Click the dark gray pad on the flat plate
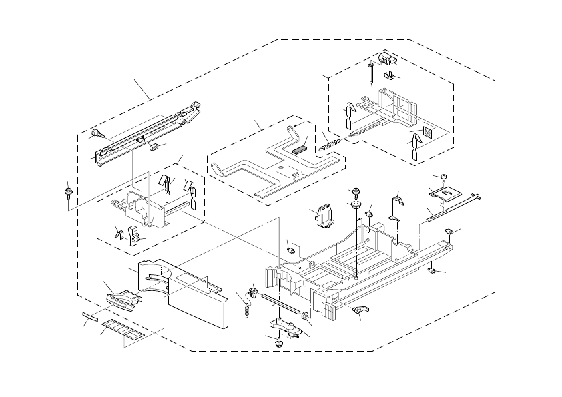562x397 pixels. tap(299, 149)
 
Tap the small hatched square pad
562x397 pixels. tap(427, 132)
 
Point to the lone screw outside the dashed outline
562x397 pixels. tap(69, 192)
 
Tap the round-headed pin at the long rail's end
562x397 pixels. tap(96, 133)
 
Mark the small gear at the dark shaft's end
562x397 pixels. tap(305, 315)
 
